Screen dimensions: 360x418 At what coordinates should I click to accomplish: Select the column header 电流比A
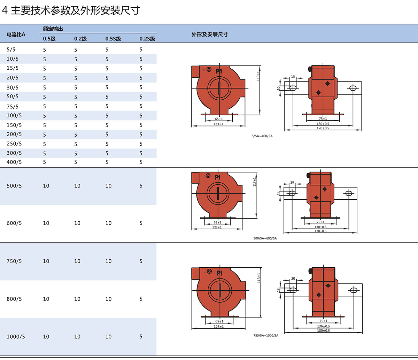point(16,35)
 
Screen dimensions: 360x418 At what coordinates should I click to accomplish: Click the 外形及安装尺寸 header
point(210,35)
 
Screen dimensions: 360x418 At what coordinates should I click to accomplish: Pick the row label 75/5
point(13,106)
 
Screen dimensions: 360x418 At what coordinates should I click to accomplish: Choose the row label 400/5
point(14,162)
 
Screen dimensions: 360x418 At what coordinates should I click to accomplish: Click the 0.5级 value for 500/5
point(46,186)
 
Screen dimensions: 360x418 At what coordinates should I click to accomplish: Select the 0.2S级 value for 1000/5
point(141,337)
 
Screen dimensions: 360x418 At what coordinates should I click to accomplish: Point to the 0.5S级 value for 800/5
point(108,299)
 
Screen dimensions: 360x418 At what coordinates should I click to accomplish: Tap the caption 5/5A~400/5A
point(262,136)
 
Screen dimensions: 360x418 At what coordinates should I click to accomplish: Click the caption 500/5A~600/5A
point(265,238)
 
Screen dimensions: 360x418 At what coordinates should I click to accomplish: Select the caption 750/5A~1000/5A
point(266,335)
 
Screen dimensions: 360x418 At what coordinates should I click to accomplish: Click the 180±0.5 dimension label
point(324,330)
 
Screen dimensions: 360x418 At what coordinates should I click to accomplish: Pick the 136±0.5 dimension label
point(324,326)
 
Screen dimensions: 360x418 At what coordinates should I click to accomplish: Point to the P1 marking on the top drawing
point(219,71)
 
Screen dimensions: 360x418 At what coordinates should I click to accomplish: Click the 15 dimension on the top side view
point(293,76)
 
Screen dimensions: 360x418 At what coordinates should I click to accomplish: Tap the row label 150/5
point(14,125)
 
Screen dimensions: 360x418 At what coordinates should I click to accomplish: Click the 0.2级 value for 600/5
point(77,223)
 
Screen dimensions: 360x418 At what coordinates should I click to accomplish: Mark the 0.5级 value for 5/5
point(45,50)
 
